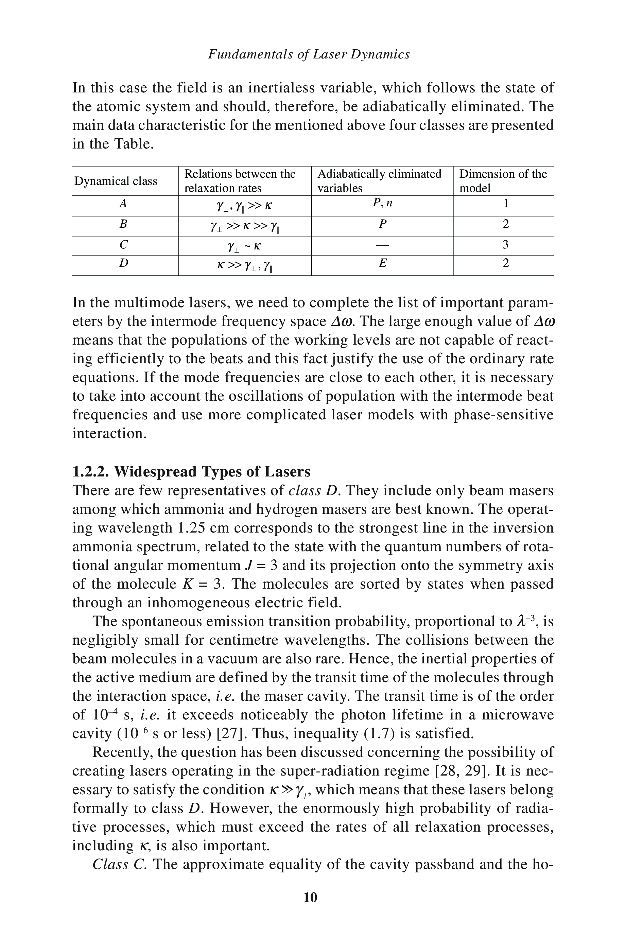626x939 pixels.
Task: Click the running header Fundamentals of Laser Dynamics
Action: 309,54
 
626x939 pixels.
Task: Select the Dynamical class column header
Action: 116,181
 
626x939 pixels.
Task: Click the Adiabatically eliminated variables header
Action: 379,181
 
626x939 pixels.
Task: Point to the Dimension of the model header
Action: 503,181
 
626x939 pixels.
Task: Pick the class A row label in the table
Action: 123,204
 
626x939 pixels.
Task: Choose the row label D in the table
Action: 124,263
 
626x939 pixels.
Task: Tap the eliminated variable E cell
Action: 382,263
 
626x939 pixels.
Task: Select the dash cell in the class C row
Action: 382,245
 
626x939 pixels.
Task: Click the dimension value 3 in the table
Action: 505,244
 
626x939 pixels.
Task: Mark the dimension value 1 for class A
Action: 505,204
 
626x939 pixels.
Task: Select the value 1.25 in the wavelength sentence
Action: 190,528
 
